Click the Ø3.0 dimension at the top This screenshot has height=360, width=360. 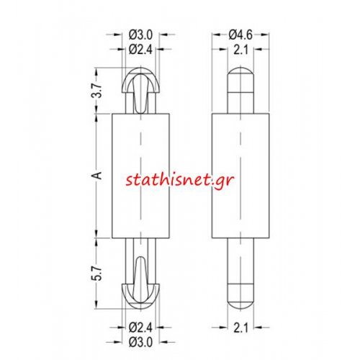(140, 35)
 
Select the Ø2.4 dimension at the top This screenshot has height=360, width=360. (140, 50)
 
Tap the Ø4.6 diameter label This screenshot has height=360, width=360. (240, 35)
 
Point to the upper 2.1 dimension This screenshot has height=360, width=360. (240, 50)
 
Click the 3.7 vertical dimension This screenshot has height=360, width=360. (96, 91)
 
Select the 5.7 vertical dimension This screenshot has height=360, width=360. (96, 273)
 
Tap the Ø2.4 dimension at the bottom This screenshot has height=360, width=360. (140, 328)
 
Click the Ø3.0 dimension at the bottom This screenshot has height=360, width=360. (140, 342)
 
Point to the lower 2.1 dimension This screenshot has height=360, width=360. (240, 328)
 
